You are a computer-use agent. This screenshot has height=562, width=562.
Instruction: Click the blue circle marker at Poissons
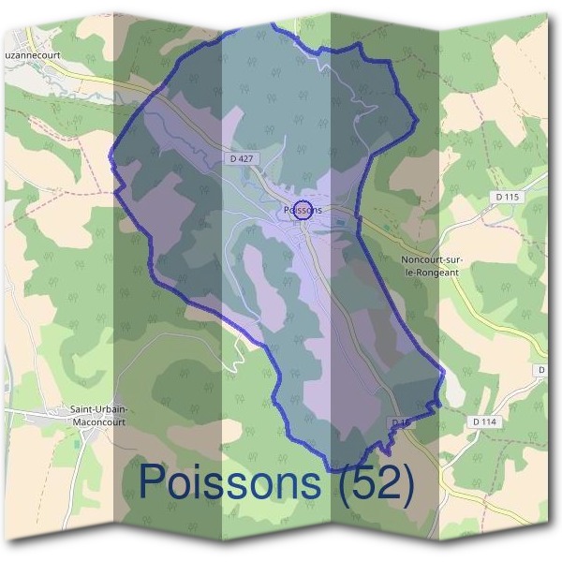(302, 208)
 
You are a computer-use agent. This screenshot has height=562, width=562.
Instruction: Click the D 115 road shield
(507, 197)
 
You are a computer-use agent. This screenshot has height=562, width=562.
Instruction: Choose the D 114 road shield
(485, 422)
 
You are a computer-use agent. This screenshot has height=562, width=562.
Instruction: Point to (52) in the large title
(375, 483)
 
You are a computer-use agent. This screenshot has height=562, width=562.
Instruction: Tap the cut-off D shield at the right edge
(542, 371)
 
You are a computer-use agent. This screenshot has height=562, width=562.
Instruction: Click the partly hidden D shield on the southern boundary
(400, 423)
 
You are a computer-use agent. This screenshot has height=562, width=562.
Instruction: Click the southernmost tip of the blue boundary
(330, 468)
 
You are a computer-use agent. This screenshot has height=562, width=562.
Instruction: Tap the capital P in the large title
(155, 483)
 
